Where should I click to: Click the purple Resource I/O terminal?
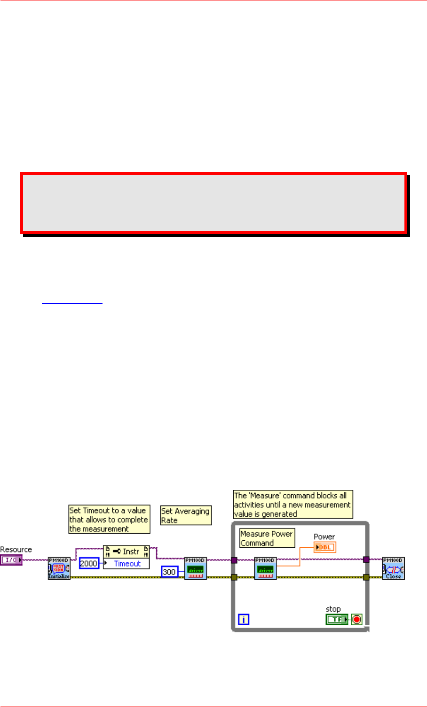11,560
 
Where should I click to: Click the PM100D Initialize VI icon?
59,568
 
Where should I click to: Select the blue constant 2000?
88,563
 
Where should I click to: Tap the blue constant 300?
169,572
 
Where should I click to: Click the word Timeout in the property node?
127,564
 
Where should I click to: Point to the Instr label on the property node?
131,552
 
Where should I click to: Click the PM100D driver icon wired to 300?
195,568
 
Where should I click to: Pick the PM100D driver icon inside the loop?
265,568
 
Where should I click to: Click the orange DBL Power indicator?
325,547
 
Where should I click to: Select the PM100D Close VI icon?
393,568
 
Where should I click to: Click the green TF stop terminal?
337,620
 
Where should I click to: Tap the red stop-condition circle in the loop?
357,620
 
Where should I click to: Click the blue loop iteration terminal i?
243,620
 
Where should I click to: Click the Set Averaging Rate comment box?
186,515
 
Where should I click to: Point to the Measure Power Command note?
267,538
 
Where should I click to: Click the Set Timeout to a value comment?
109,520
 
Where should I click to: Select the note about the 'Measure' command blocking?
293,505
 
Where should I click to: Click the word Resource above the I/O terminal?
16,550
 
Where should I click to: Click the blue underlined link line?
72,303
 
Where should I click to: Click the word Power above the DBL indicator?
324,536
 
